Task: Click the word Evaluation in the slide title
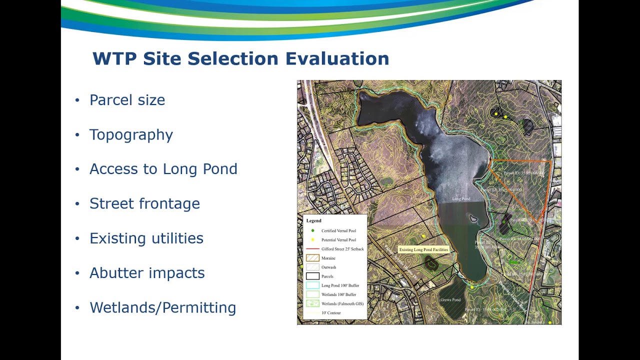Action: (x=337, y=59)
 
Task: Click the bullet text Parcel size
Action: (x=127, y=100)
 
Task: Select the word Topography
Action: (x=131, y=134)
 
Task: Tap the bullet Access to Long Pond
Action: (x=163, y=169)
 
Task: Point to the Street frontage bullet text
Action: (x=144, y=203)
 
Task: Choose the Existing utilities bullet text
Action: (x=146, y=238)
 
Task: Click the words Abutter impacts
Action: (x=147, y=273)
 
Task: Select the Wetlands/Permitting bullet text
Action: (x=162, y=307)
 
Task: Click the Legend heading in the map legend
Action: (x=314, y=220)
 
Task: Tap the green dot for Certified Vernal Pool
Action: (x=312, y=231)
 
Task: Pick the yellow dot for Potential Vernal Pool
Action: (x=312, y=240)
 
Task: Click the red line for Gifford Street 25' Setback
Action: (x=312, y=249)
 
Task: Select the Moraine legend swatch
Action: (x=312, y=258)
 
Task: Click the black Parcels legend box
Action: (x=312, y=276)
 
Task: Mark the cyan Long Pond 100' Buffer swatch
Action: (x=312, y=285)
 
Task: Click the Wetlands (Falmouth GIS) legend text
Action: (x=342, y=303)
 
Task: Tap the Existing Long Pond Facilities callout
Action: (x=423, y=249)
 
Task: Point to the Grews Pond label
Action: (x=450, y=300)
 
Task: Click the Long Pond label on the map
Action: (x=461, y=199)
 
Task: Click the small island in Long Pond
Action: (x=473, y=218)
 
